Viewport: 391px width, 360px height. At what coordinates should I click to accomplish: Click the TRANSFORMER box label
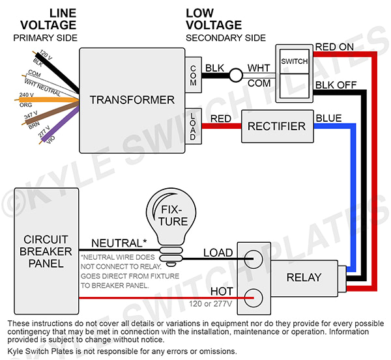pyautogui.click(x=132, y=100)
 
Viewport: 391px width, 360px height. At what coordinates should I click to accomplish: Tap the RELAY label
pyautogui.click(x=304, y=277)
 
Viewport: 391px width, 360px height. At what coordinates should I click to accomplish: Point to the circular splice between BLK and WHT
pyautogui.click(x=235, y=76)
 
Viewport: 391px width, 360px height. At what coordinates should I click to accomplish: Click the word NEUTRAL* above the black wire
pyautogui.click(x=118, y=243)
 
